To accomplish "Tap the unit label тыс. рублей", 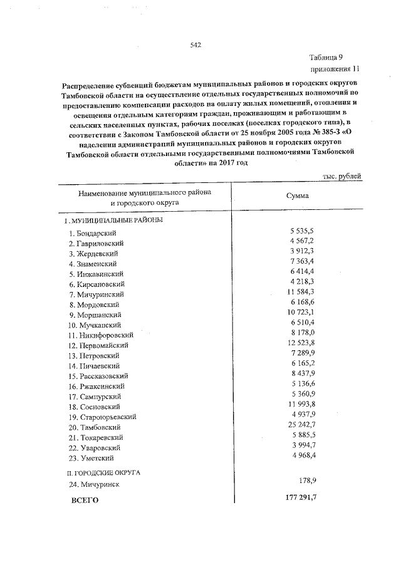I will click(x=341, y=177).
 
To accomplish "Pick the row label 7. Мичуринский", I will click(x=97, y=294).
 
